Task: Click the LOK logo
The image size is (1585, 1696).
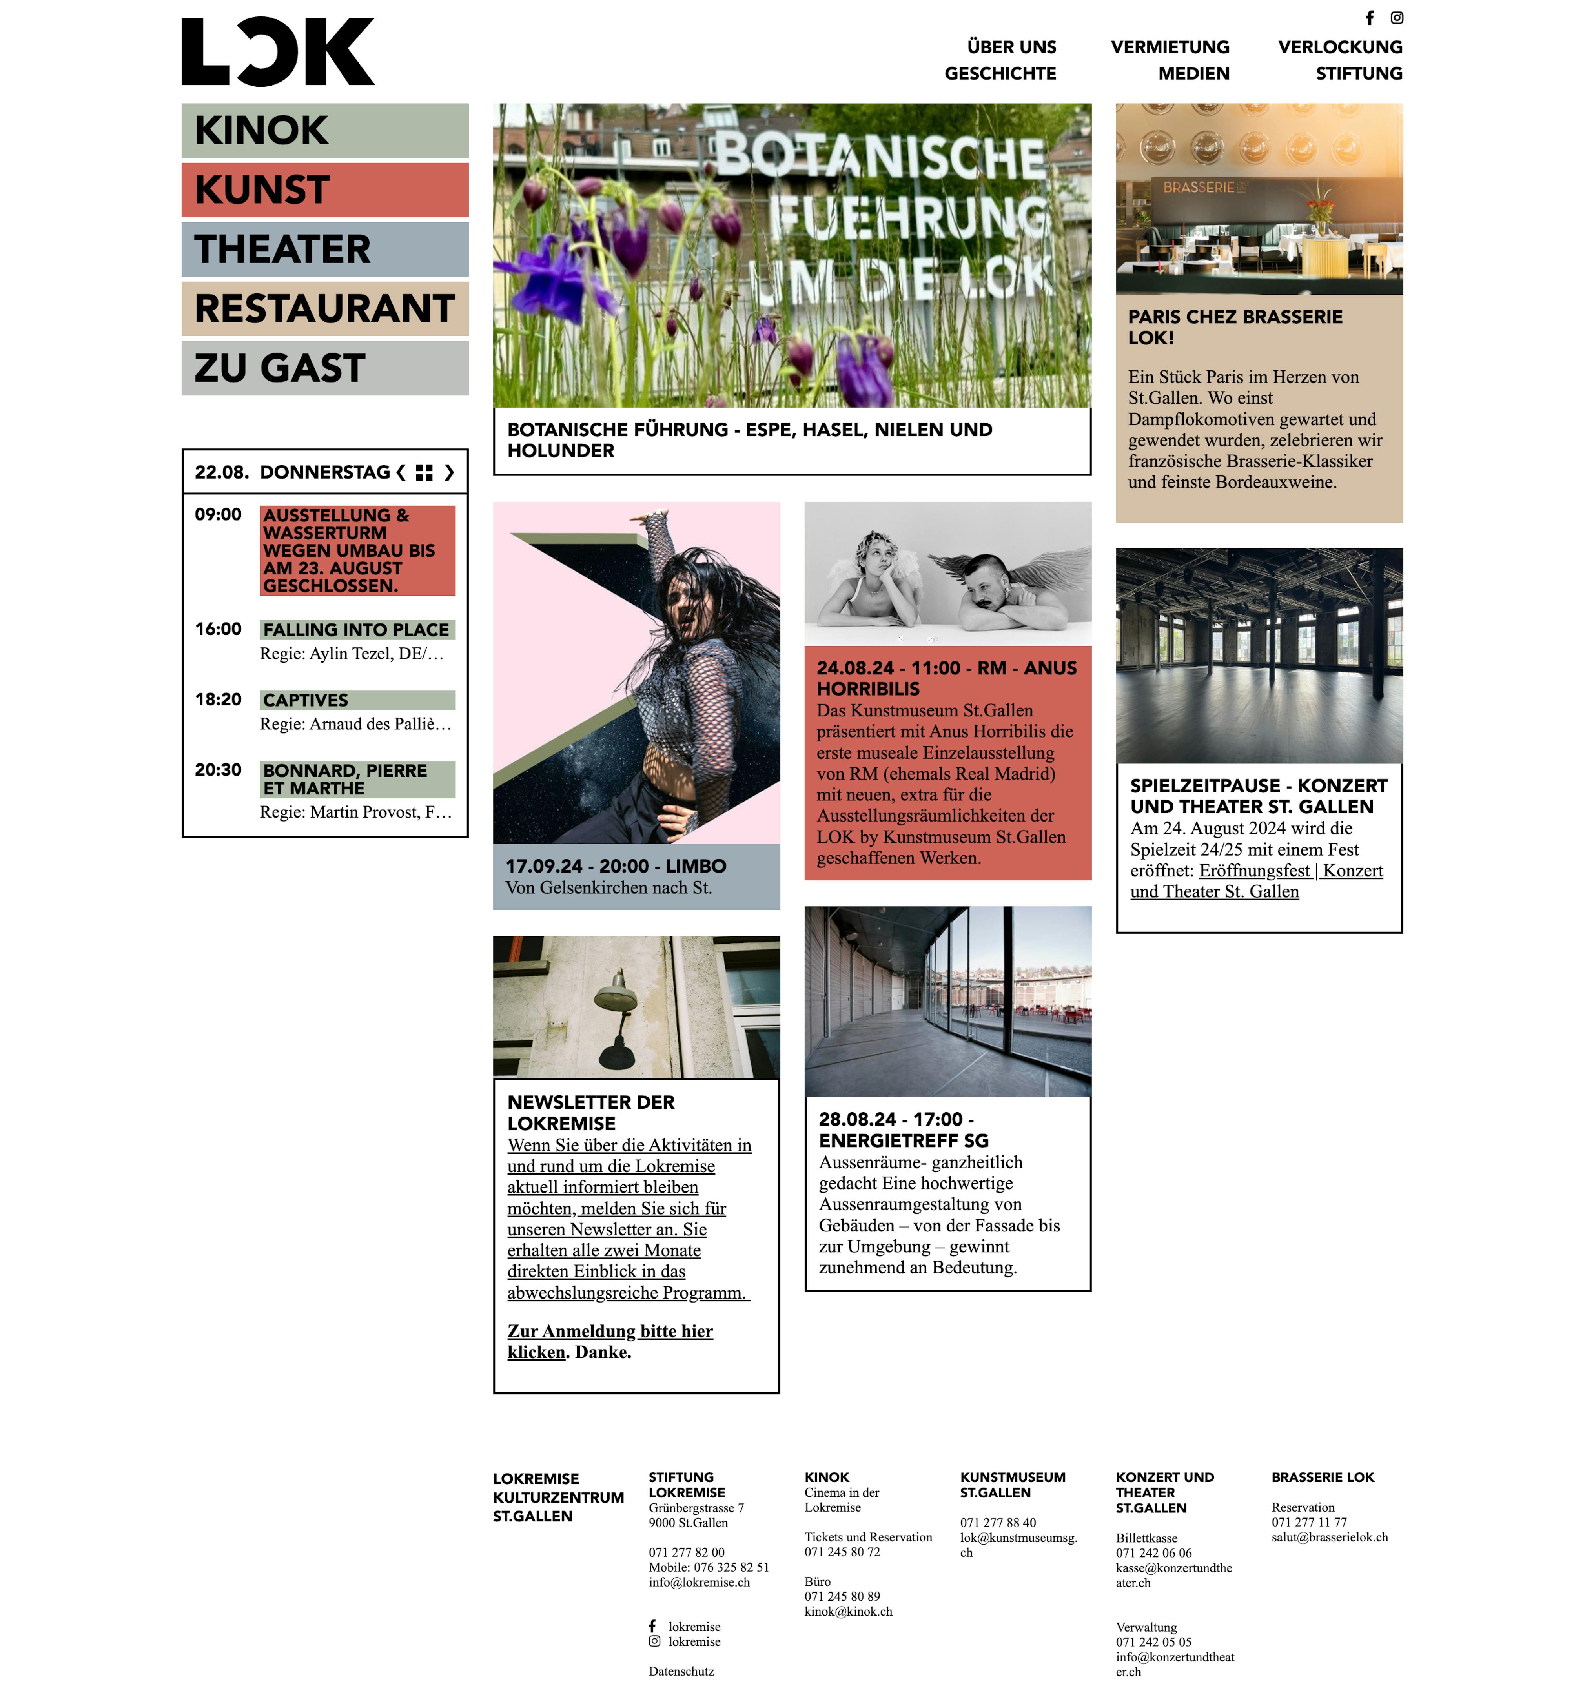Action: (x=277, y=52)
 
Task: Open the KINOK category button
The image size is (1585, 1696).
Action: (x=324, y=131)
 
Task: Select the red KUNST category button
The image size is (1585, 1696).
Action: (x=324, y=189)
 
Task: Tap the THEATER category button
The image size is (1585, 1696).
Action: (x=324, y=249)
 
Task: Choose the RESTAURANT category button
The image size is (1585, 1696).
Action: (x=324, y=309)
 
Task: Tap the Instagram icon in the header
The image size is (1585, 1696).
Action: (x=1396, y=18)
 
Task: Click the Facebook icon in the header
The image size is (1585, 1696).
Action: (x=1369, y=18)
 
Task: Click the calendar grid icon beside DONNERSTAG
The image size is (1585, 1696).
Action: (x=424, y=473)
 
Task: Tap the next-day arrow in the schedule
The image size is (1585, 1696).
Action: (x=450, y=473)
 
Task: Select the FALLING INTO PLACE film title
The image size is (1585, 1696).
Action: (x=356, y=630)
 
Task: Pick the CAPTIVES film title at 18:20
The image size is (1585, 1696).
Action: (x=305, y=700)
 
